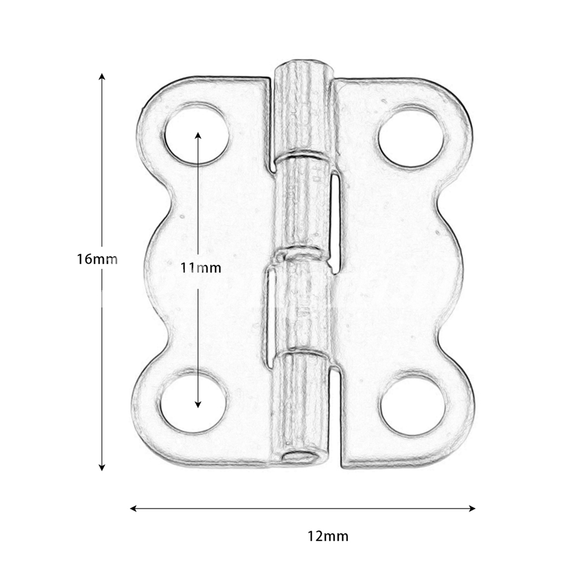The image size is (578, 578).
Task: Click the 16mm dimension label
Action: pyautogui.click(x=97, y=259)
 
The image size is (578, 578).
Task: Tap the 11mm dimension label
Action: pyautogui.click(x=201, y=268)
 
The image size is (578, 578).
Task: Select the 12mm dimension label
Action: pyautogui.click(x=328, y=536)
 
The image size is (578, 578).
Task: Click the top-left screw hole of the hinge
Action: pyautogui.click(x=196, y=134)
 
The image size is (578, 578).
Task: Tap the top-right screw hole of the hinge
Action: pyautogui.click(x=412, y=136)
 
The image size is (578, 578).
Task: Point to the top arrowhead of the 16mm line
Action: pyautogui.click(x=102, y=77)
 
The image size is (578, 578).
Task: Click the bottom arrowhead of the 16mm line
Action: pyautogui.click(x=102, y=467)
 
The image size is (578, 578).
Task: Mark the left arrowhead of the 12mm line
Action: pyautogui.click(x=134, y=509)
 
